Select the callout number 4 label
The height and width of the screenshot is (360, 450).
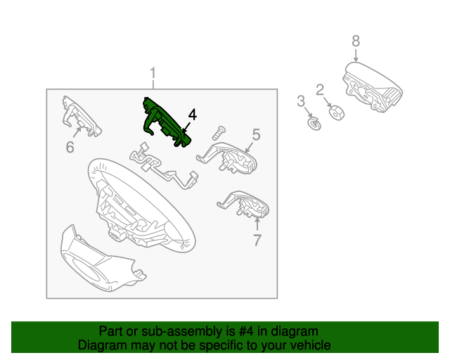192,115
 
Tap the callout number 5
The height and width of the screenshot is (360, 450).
256,134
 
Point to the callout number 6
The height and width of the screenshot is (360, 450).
70,147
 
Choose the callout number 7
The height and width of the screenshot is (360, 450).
257,240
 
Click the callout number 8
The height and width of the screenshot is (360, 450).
356,41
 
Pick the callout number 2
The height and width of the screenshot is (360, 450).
319,89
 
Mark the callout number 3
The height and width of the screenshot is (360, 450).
300,101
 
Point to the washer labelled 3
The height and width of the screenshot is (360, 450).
314,124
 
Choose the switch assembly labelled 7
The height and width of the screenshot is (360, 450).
246,204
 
